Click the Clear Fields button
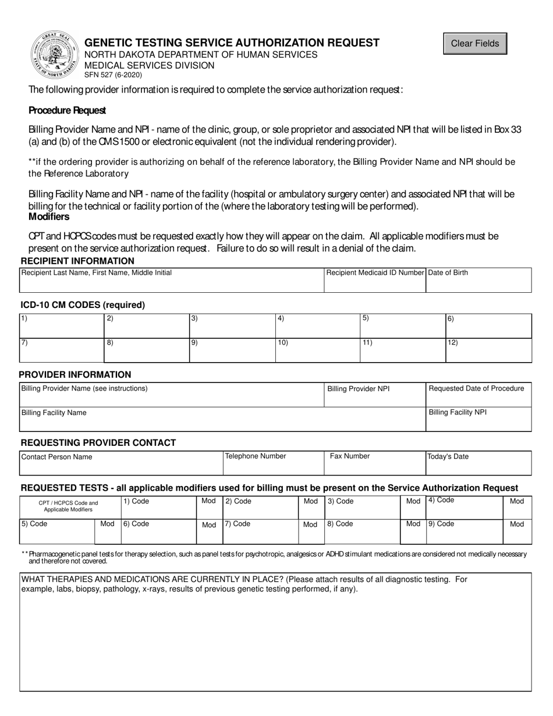(475, 44)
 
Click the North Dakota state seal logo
(55, 55)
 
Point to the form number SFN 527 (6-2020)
(113, 75)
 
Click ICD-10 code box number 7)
(61, 350)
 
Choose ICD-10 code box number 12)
(488, 350)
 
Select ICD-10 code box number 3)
(232, 325)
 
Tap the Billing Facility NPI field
(478, 419)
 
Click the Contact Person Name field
(121, 463)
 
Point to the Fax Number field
(375, 463)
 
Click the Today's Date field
(478, 463)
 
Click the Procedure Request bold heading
(67, 111)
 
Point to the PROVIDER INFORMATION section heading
(75, 375)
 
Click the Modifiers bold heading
(49, 217)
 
